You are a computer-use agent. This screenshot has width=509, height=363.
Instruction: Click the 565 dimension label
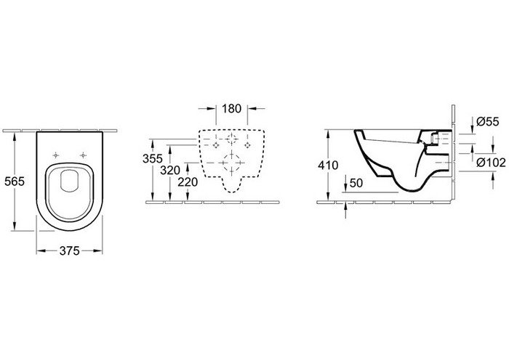coord(15,181)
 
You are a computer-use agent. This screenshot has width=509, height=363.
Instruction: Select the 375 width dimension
coord(70,250)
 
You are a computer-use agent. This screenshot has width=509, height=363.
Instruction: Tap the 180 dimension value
coord(231,109)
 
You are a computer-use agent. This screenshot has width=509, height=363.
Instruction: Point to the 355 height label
coord(152,158)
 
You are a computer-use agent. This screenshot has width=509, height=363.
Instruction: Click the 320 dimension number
coord(169,170)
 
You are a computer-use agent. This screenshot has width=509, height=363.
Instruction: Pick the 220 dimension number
coord(188,181)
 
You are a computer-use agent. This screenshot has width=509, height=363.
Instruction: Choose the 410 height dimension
coord(328,166)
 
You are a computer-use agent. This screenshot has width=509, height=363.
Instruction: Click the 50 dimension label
coord(356,183)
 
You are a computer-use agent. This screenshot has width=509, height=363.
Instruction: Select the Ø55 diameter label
coord(487,121)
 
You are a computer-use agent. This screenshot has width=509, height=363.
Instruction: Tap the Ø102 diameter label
coord(491,163)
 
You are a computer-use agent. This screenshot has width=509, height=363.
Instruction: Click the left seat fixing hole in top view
coord(56,155)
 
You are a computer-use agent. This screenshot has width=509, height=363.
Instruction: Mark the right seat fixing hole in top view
coord(84,155)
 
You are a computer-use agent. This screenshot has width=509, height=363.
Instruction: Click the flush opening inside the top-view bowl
coord(70,181)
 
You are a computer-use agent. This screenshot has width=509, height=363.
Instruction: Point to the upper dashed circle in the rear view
coord(232,139)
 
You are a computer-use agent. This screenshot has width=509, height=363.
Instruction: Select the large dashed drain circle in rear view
coord(231,163)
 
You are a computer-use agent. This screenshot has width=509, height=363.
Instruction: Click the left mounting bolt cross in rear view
coord(216,145)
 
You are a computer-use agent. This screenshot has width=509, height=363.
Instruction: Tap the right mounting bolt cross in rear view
coord(248,145)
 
